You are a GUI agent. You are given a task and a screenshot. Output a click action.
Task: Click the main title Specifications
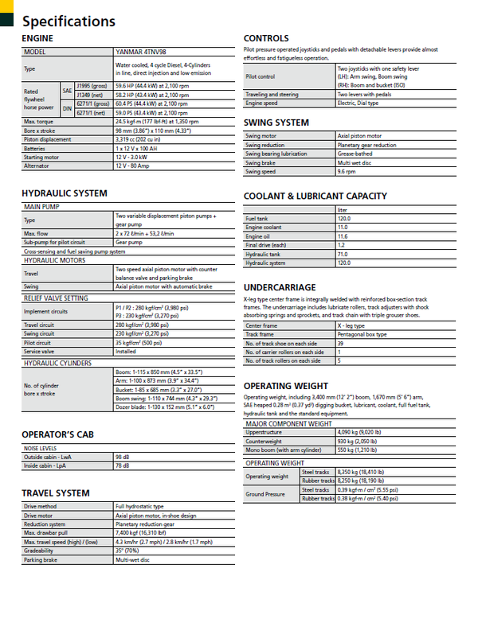pos(69,21)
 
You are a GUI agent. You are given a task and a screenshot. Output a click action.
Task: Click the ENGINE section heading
pos(38,38)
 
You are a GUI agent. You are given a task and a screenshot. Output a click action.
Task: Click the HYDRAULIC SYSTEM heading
pos(65,193)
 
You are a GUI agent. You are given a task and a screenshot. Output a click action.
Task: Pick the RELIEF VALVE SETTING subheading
pos(56,298)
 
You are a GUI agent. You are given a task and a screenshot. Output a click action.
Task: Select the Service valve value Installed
pos(126,351)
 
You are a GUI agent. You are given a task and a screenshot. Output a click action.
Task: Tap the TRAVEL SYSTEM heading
pos(56,493)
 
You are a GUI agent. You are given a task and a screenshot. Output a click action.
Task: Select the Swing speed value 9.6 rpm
pos(347,172)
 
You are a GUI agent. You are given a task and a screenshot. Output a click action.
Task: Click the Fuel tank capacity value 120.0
pos(344,218)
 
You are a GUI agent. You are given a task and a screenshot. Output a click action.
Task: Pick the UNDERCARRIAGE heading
pos(280,287)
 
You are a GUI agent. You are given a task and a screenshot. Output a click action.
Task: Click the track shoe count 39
pos(340,344)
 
